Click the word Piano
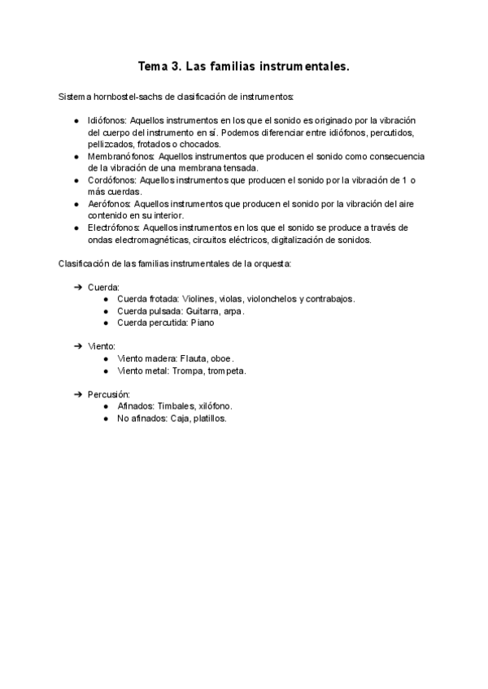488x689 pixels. coord(203,323)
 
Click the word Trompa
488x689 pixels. coord(194,370)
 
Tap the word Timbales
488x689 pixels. coord(177,406)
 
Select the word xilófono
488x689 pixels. coord(215,406)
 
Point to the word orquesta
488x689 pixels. coord(256,263)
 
